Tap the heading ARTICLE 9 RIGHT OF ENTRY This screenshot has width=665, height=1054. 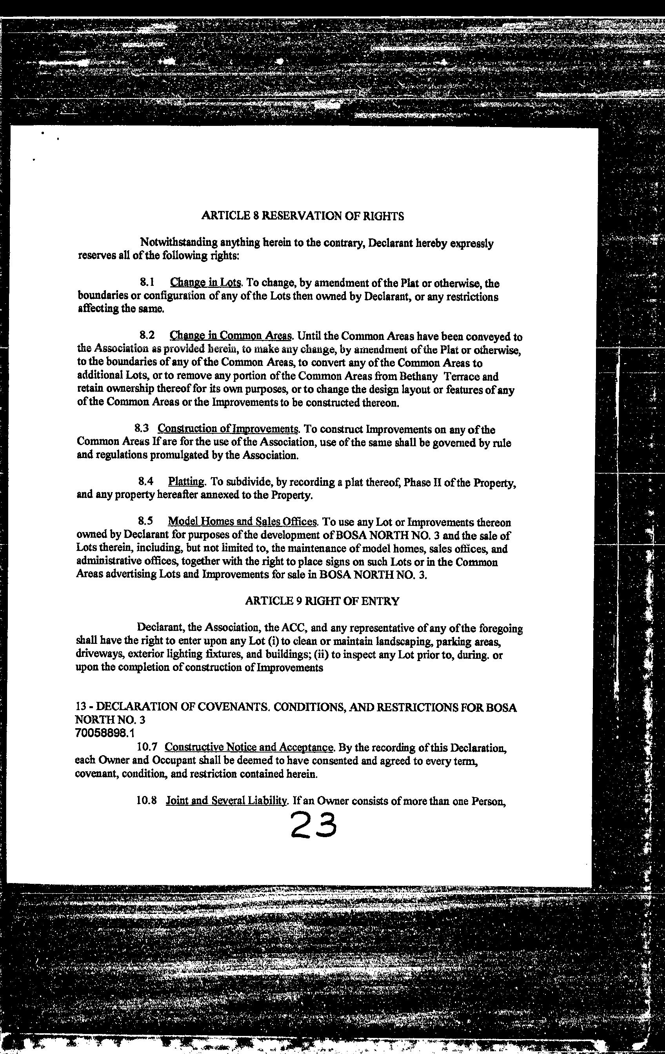tap(322, 601)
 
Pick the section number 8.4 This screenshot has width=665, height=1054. tap(146, 482)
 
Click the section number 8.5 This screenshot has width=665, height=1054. tap(146, 522)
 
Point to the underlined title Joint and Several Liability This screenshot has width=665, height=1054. tap(226, 801)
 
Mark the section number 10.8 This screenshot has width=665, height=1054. tap(147, 801)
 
